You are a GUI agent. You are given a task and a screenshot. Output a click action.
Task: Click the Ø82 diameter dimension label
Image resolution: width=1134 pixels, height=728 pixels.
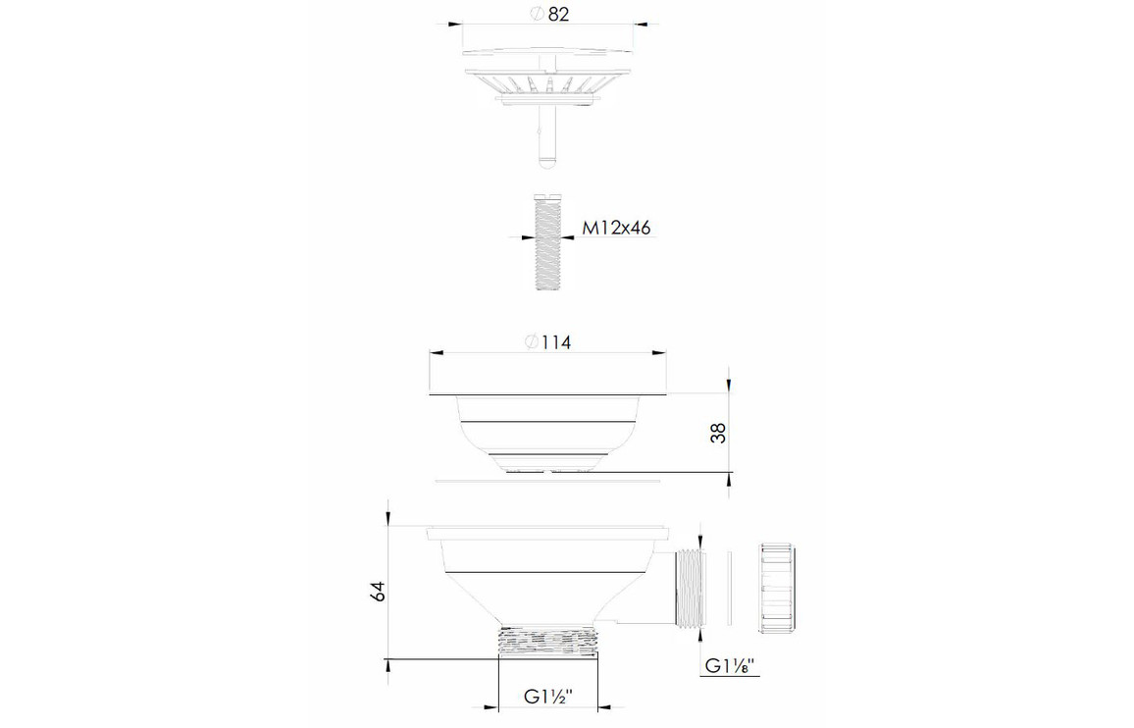[x=549, y=14]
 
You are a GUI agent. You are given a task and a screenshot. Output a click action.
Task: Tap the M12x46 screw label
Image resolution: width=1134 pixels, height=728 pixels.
[x=616, y=228]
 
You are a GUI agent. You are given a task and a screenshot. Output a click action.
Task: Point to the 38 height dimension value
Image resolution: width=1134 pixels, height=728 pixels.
[x=717, y=433]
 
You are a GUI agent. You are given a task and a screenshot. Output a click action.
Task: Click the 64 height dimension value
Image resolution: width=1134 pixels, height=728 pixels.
[x=377, y=591]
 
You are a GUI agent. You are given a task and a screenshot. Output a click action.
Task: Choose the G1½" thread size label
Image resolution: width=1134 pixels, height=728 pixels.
[x=548, y=698]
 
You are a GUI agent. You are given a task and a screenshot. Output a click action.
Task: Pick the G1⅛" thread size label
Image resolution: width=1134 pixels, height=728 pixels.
[x=730, y=666]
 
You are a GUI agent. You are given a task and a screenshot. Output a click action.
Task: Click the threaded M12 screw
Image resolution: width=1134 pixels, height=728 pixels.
[x=547, y=242]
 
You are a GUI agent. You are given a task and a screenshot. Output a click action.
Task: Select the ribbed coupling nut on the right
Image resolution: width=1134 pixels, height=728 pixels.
[x=778, y=588]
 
